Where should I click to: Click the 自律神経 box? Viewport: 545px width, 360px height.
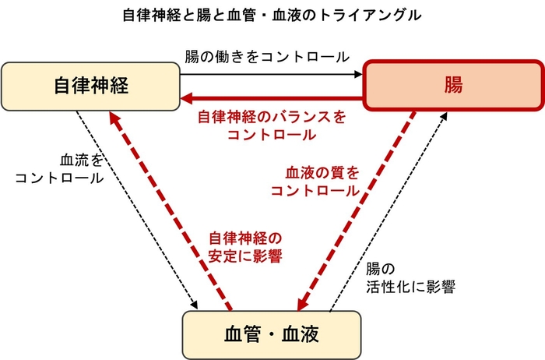(91, 85)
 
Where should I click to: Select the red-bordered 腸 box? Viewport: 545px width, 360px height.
(453, 85)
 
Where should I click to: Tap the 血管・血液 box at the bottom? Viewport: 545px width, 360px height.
(272, 334)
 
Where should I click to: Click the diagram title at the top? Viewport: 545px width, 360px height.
(272, 14)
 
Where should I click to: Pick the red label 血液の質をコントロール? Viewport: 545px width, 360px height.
(323, 181)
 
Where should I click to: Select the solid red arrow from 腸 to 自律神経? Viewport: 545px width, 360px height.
(272, 99)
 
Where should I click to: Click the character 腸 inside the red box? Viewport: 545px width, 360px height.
(453, 85)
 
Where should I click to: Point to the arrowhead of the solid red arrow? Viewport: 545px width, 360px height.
(188, 99)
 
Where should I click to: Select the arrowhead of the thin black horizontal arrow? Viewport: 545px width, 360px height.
(359, 74)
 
